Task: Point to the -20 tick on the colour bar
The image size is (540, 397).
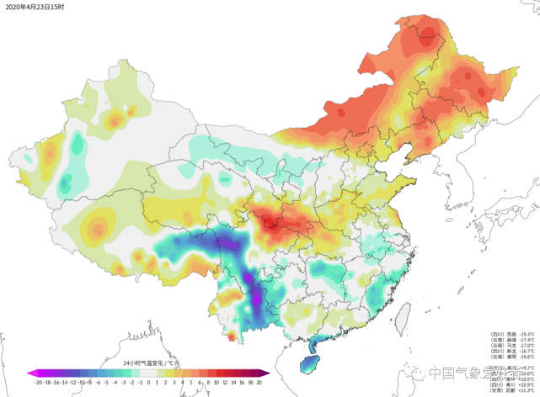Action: coord(39,382)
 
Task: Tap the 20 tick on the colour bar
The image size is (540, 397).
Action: coord(259,382)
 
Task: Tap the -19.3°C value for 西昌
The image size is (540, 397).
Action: coord(527,334)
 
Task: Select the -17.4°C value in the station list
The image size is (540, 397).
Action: coord(527,340)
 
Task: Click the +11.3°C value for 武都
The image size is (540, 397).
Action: coord(527,391)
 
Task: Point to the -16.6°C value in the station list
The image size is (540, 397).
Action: coord(527,357)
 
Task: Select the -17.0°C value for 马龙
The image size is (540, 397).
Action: coord(527,346)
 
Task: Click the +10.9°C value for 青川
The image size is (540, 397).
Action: coord(527,385)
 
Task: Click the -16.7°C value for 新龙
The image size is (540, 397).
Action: coord(527,352)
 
